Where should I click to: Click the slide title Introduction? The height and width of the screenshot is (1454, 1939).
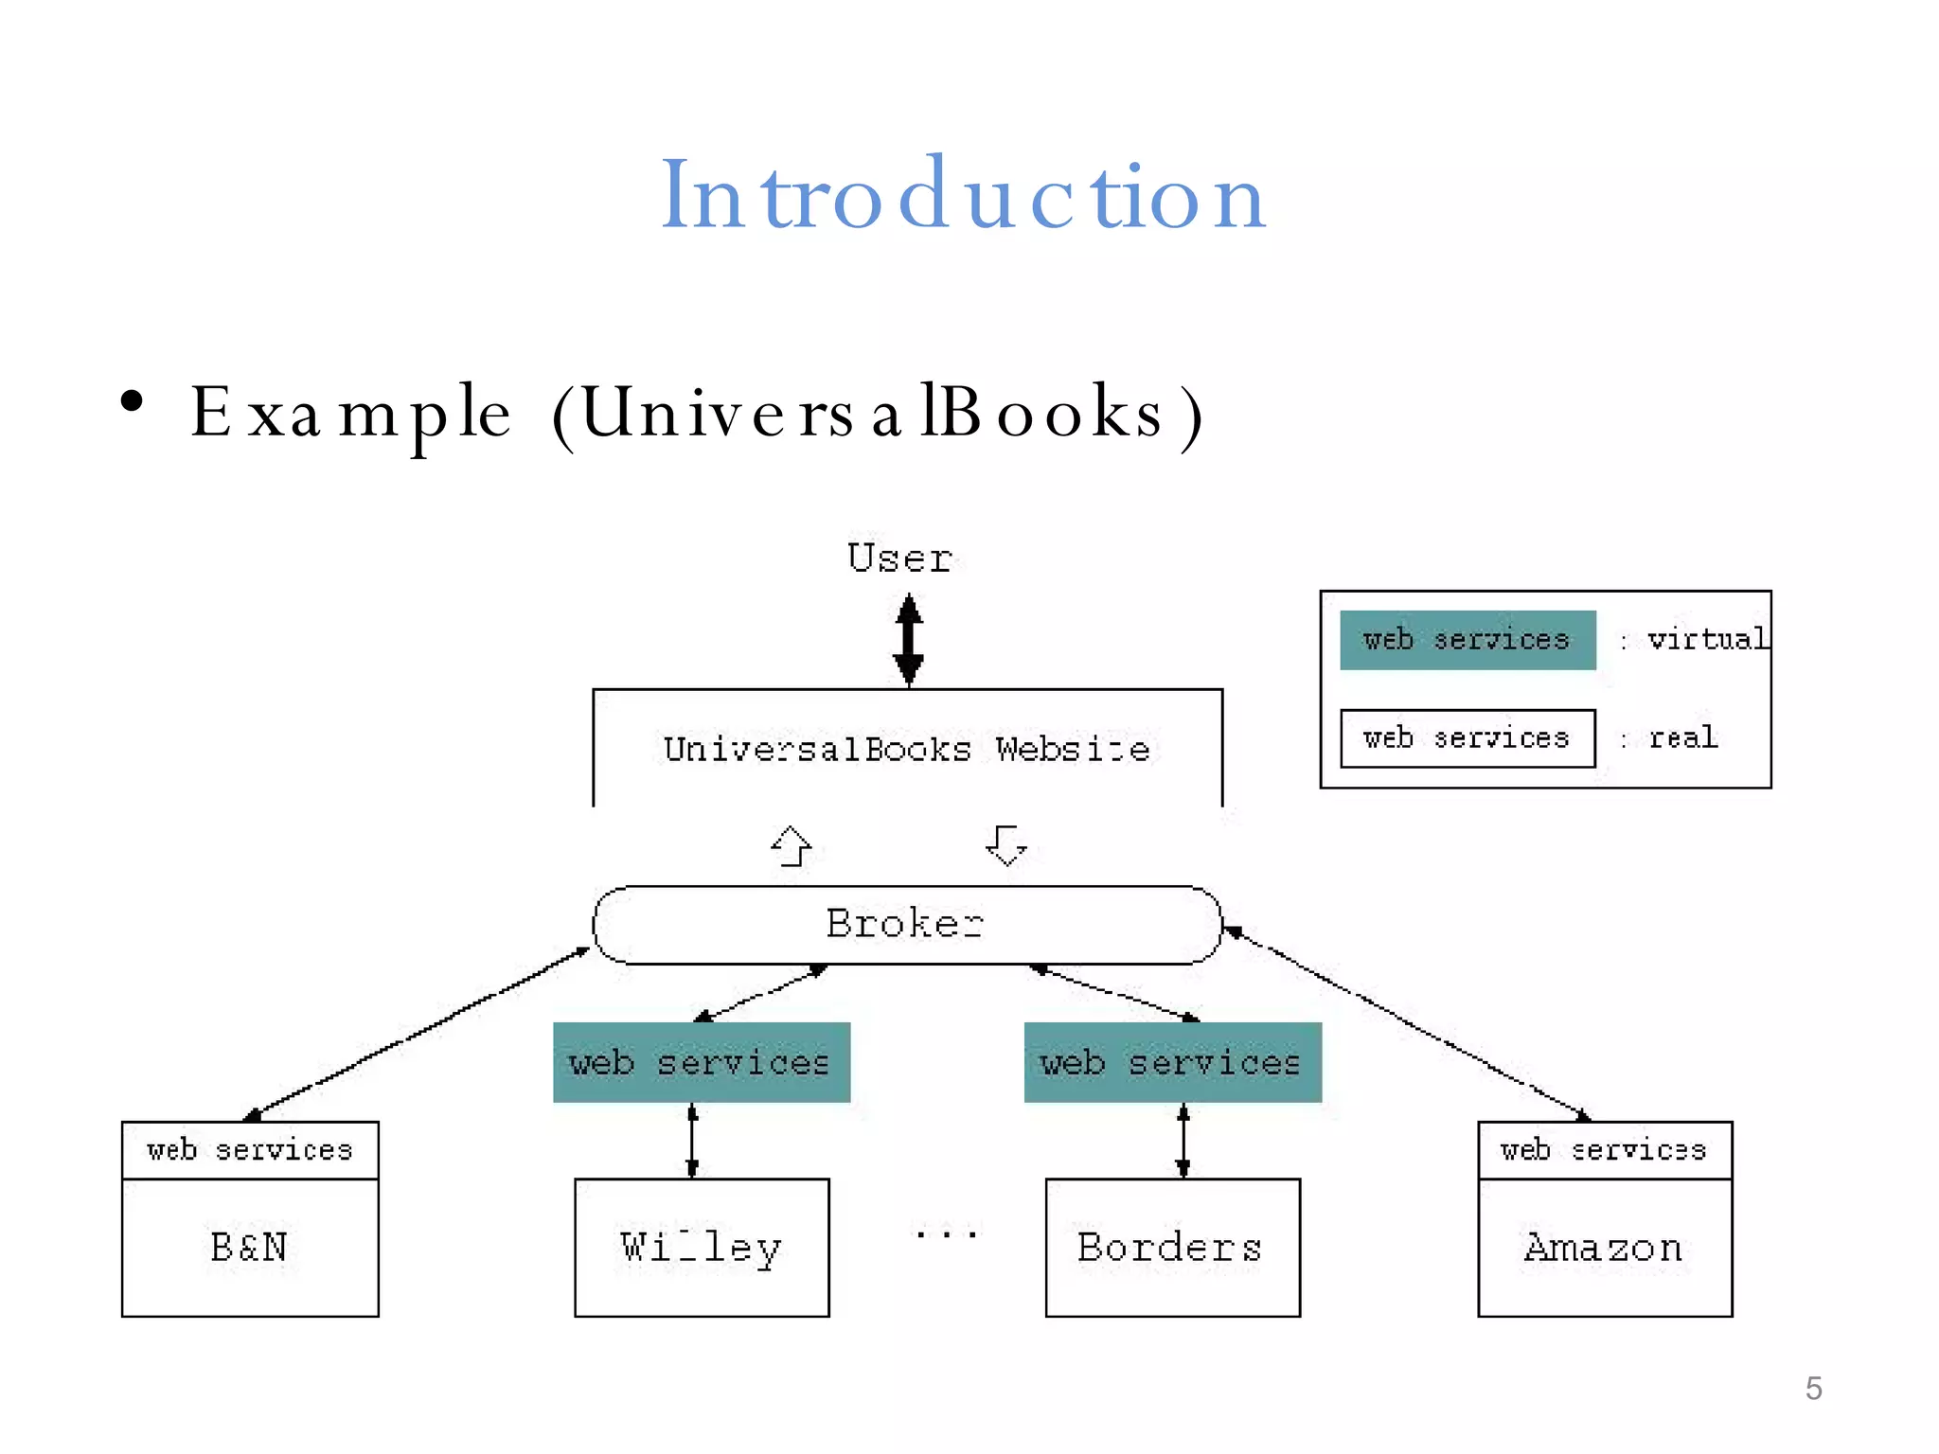click(963, 196)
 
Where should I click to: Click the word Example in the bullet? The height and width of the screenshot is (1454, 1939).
click(350, 414)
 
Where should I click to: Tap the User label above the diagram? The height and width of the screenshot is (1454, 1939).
click(899, 559)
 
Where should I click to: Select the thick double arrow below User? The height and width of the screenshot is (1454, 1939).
click(909, 639)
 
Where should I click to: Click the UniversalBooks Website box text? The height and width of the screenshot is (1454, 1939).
click(907, 749)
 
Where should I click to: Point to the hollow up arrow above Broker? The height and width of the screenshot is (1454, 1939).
click(792, 845)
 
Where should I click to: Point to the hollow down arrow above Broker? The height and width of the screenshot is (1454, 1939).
click(1005, 845)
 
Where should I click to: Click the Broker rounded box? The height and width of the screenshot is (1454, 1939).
click(906, 924)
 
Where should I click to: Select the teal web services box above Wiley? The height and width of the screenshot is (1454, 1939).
click(702, 1062)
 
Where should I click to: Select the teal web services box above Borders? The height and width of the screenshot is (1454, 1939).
click(1172, 1062)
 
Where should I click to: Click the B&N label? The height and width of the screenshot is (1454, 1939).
click(249, 1248)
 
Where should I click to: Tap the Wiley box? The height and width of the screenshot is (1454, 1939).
click(702, 1248)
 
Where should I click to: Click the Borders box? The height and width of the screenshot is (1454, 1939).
click(1172, 1248)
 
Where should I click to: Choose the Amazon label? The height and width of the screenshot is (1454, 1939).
click(1604, 1248)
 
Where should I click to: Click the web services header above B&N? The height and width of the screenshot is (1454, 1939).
click(250, 1150)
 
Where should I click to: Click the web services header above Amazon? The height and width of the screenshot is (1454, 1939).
click(1604, 1150)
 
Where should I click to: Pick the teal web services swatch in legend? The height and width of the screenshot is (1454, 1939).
click(1468, 641)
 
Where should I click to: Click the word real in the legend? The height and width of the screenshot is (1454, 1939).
click(1682, 737)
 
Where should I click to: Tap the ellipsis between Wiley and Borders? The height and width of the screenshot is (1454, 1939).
click(946, 1233)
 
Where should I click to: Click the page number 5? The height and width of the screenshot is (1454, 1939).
click(1813, 1388)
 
